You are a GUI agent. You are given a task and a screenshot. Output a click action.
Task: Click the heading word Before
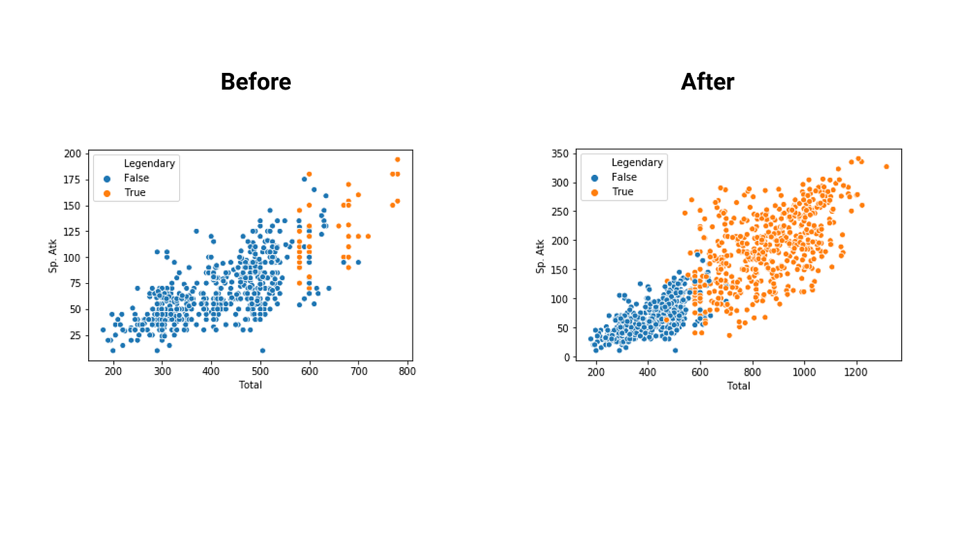255,82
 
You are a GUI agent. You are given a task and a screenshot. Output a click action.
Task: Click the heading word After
707,82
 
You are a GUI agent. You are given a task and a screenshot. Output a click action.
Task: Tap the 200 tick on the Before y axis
72,153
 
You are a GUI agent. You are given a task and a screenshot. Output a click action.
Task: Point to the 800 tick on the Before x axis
408,371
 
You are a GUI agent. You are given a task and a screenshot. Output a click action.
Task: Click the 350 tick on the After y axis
560,153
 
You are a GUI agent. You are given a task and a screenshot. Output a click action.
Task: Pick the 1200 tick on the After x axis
856,372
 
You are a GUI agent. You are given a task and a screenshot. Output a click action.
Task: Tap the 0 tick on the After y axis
567,357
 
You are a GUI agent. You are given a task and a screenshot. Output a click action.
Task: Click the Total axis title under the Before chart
250,385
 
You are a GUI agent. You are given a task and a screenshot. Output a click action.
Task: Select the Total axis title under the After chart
738,385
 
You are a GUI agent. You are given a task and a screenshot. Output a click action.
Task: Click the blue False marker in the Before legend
107,178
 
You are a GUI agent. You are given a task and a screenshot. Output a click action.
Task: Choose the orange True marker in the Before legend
107,193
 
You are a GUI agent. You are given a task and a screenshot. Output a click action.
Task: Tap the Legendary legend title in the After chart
637,162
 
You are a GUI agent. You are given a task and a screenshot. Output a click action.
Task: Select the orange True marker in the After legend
594,192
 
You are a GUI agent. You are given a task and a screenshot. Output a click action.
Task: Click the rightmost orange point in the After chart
886,167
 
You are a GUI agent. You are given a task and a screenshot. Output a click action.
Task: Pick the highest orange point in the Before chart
397,159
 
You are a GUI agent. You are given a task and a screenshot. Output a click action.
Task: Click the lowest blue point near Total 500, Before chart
262,351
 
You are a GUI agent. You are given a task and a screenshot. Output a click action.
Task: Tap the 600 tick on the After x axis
700,372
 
